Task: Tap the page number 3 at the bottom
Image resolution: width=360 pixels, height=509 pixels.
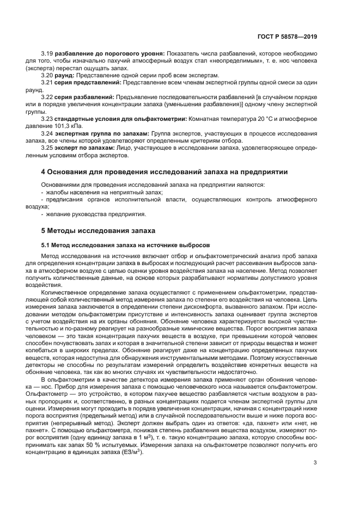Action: pyautogui.click(x=315, y=463)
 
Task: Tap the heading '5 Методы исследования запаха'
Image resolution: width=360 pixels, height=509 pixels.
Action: pyautogui.click(x=98, y=230)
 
